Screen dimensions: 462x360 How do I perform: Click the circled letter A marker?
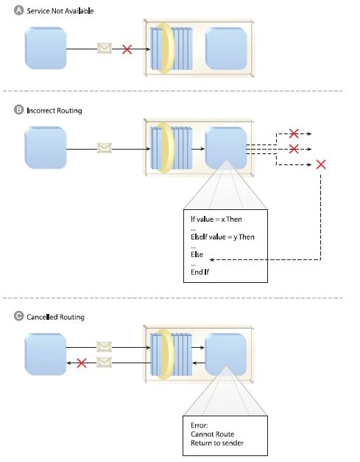(18, 12)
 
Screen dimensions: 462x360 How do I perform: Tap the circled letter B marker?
(18, 110)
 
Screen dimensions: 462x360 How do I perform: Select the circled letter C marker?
(18, 317)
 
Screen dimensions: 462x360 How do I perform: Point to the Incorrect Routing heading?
(54, 111)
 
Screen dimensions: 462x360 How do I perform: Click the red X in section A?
(127, 49)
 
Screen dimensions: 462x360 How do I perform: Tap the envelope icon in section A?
(105, 49)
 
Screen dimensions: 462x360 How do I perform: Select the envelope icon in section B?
(105, 147)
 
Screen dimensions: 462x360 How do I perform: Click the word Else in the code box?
(197, 254)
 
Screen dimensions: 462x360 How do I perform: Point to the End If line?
(199, 272)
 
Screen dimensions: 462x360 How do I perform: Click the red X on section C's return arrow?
(82, 363)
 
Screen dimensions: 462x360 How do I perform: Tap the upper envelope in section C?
(105, 346)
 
